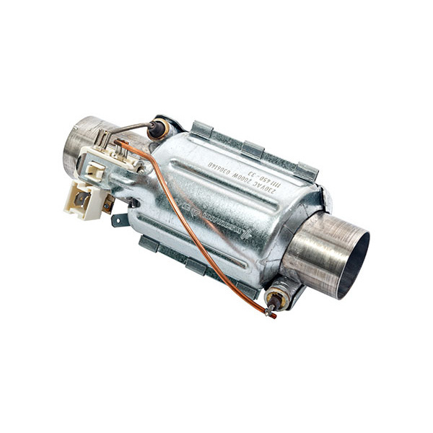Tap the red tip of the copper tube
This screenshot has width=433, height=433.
point(272,315)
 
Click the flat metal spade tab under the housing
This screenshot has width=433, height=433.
point(120,219)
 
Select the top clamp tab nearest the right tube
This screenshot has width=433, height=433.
point(306,171)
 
